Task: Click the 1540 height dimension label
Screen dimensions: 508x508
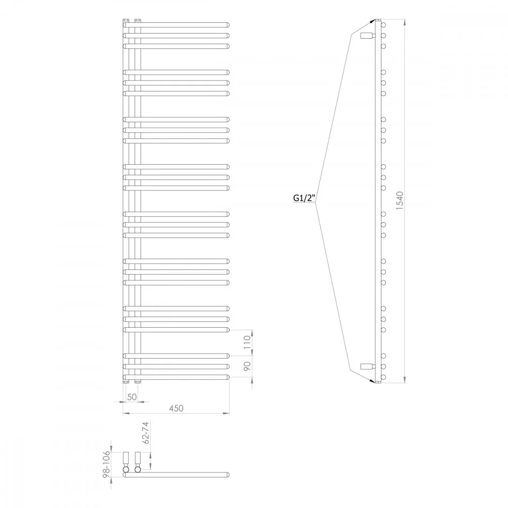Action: pos(400,201)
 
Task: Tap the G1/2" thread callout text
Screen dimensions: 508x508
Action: pos(304,198)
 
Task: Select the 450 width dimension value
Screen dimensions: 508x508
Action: pos(176,408)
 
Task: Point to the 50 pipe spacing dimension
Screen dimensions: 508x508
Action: pos(132,397)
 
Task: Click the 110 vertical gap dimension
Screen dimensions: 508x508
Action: pos(247,342)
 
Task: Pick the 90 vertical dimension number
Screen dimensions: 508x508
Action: pos(247,366)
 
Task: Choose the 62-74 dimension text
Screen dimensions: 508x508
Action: pos(146,433)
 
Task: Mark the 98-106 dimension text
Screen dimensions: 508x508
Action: pos(106,464)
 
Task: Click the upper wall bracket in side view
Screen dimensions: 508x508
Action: pos(368,36)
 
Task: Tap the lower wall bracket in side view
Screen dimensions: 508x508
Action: pos(368,366)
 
